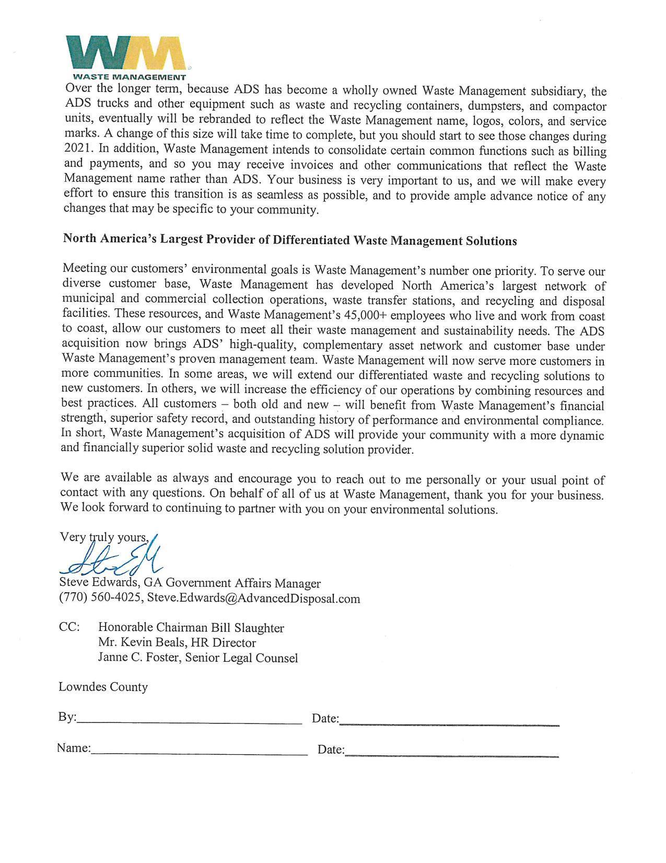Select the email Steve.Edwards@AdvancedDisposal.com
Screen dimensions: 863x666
(x=253, y=599)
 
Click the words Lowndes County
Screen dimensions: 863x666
(x=103, y=687)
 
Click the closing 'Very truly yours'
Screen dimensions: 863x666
(x=104, y=537)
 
